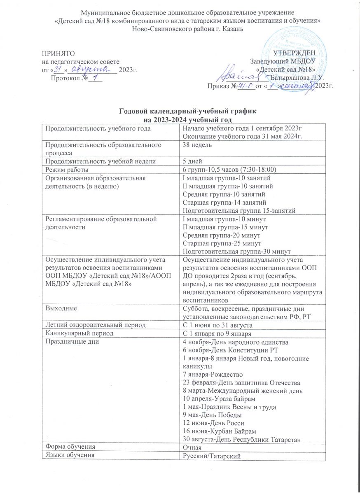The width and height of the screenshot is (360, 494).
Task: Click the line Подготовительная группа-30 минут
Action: pos(236,251)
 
